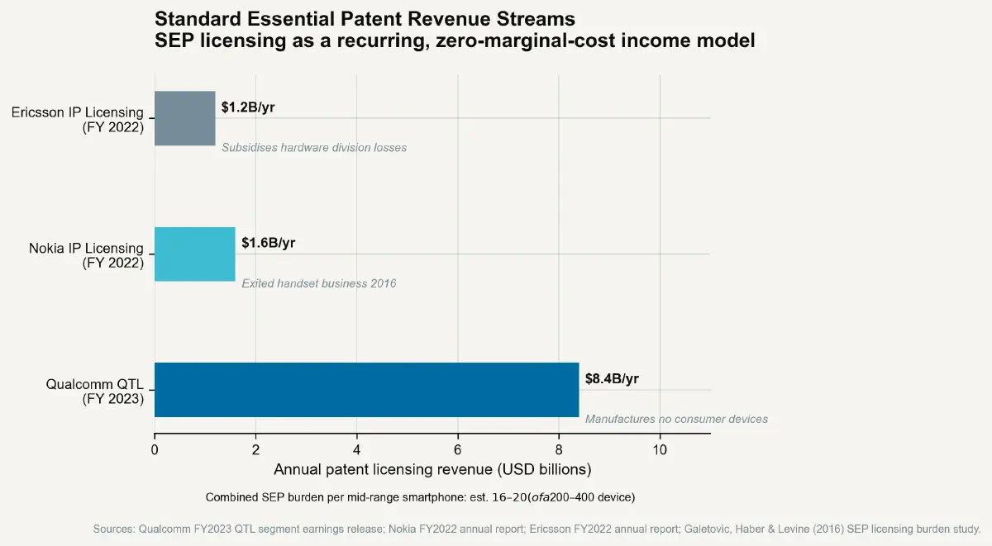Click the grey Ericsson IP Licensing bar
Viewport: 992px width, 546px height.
click(184, 118)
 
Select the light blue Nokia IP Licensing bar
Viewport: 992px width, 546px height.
click(194, 254)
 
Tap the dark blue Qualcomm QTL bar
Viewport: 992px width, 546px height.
click(366, 389)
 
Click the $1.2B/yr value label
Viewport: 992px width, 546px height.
click(248, 107)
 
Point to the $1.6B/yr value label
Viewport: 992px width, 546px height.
click(268, 243)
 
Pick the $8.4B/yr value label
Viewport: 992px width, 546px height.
click(612, 379)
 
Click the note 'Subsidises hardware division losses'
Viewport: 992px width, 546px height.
click(314, 148)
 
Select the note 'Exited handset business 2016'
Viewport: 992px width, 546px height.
click(318, 283)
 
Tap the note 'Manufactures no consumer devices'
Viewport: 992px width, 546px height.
click(676, 419)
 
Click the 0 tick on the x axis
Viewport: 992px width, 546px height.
click(155, 449)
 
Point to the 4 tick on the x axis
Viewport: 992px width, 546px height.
click(356, 449)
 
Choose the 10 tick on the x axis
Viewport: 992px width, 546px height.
click(660, 449)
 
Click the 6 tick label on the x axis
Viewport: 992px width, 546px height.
click(457, 449)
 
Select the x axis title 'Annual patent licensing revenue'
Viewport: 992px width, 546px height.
click(432, 470)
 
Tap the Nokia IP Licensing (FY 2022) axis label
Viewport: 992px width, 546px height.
click(86, 255)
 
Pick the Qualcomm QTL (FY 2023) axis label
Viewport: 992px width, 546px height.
click(94, 391)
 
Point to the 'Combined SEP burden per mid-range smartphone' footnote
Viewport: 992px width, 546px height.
click(420, 497)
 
